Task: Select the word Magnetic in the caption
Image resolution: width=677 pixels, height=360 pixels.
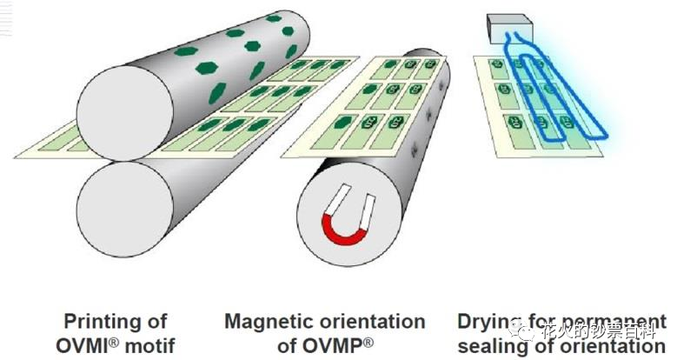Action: [266, 322]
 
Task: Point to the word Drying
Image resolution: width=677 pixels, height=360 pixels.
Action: [488, 322]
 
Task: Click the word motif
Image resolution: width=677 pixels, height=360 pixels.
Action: [149, 345]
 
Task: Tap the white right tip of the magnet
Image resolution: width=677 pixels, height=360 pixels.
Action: [367, 205]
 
